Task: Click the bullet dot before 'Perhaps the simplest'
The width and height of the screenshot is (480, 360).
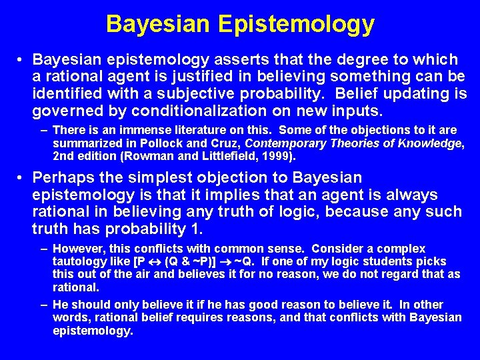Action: click(x=22, y=179)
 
